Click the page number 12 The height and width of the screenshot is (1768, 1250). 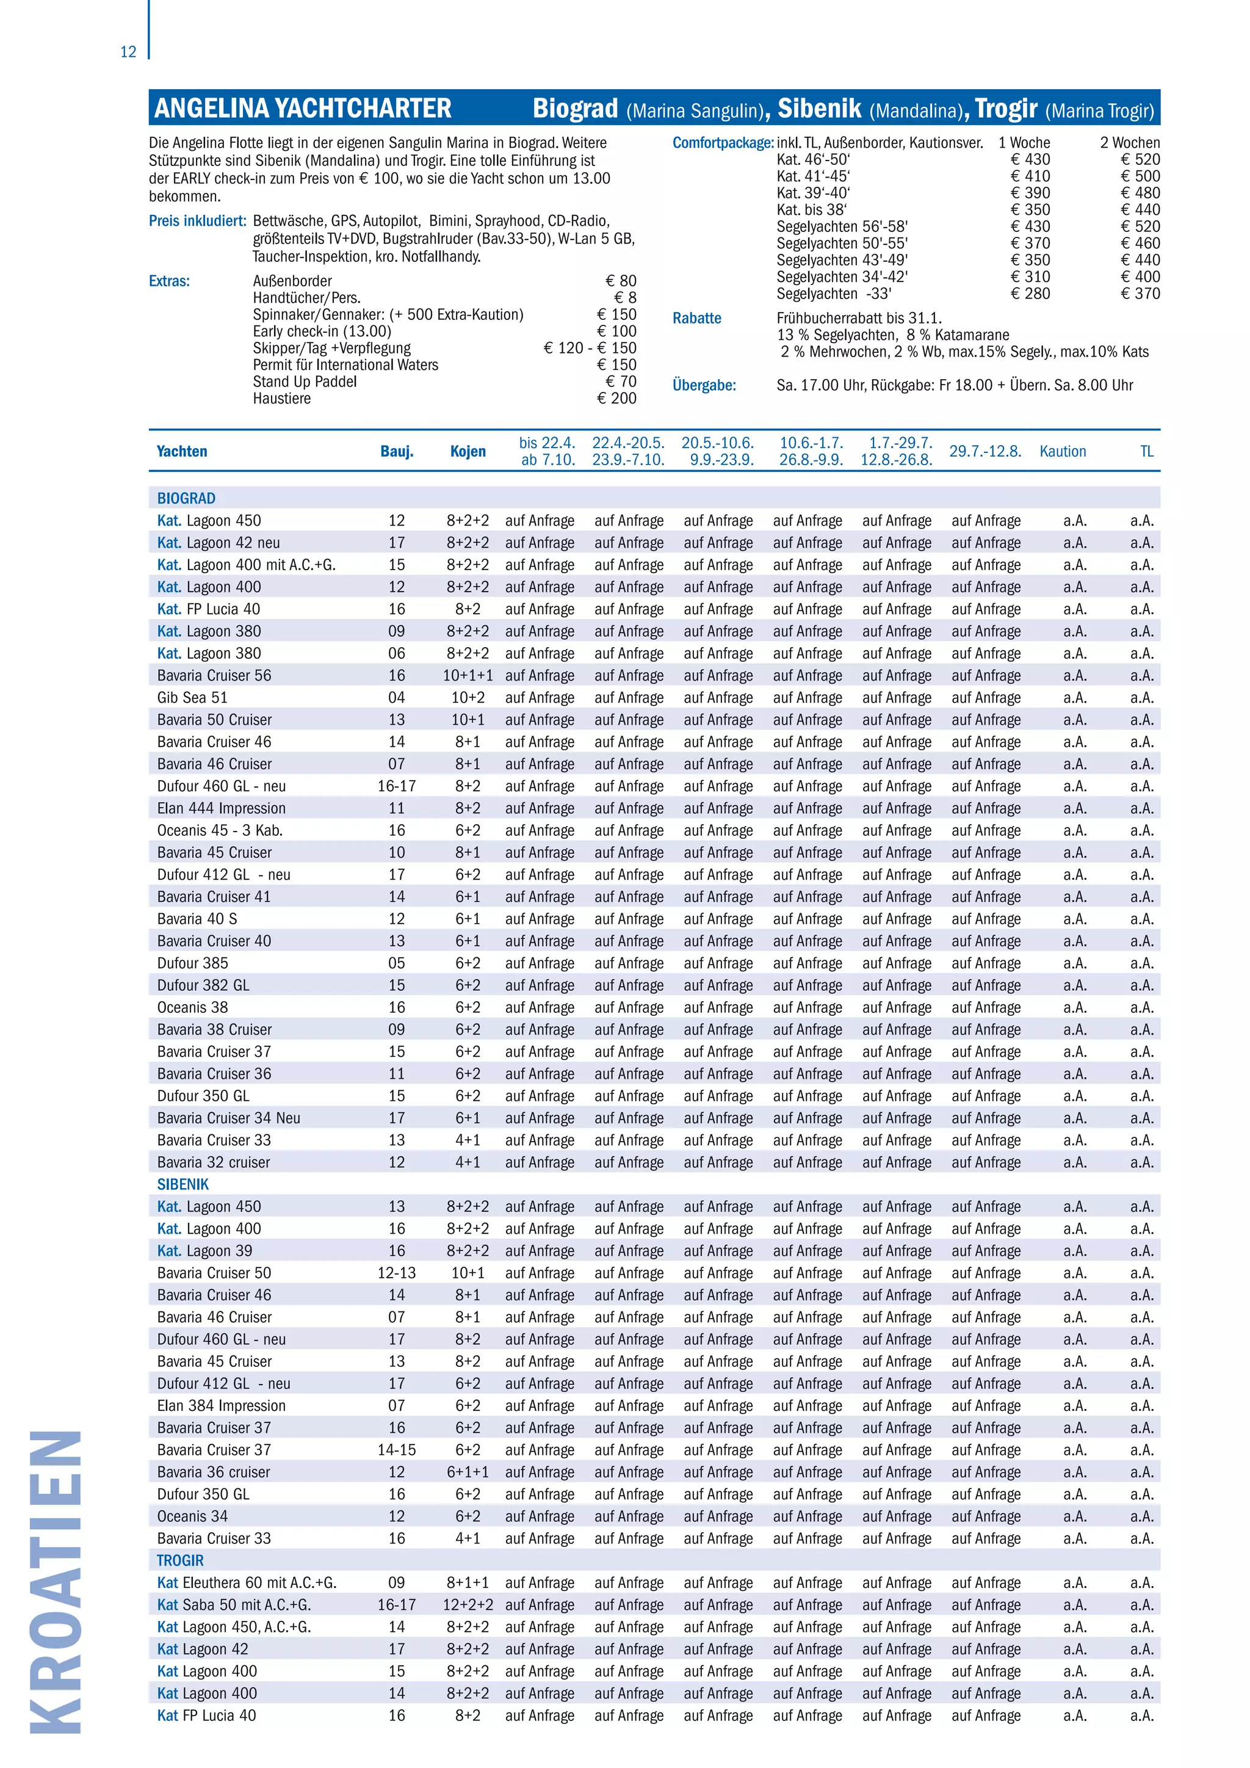(128, 52)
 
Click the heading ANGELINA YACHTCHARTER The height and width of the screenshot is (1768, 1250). (303, 109)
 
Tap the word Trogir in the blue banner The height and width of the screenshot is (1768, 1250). (1006, 109)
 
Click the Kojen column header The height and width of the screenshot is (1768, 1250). (468, 451)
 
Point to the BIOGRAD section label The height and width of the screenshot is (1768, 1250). (186, 498)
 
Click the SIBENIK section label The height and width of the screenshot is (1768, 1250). (183, 1184)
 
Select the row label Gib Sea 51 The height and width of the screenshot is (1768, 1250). (192, 698)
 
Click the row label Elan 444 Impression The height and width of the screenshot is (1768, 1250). (221, 808)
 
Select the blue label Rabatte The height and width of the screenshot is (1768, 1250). (696, 318)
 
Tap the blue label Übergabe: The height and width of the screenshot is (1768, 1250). (704, 385)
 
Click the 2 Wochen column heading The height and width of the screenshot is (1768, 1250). (1129, 142)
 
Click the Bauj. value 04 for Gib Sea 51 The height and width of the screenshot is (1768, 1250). (396, 698)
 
